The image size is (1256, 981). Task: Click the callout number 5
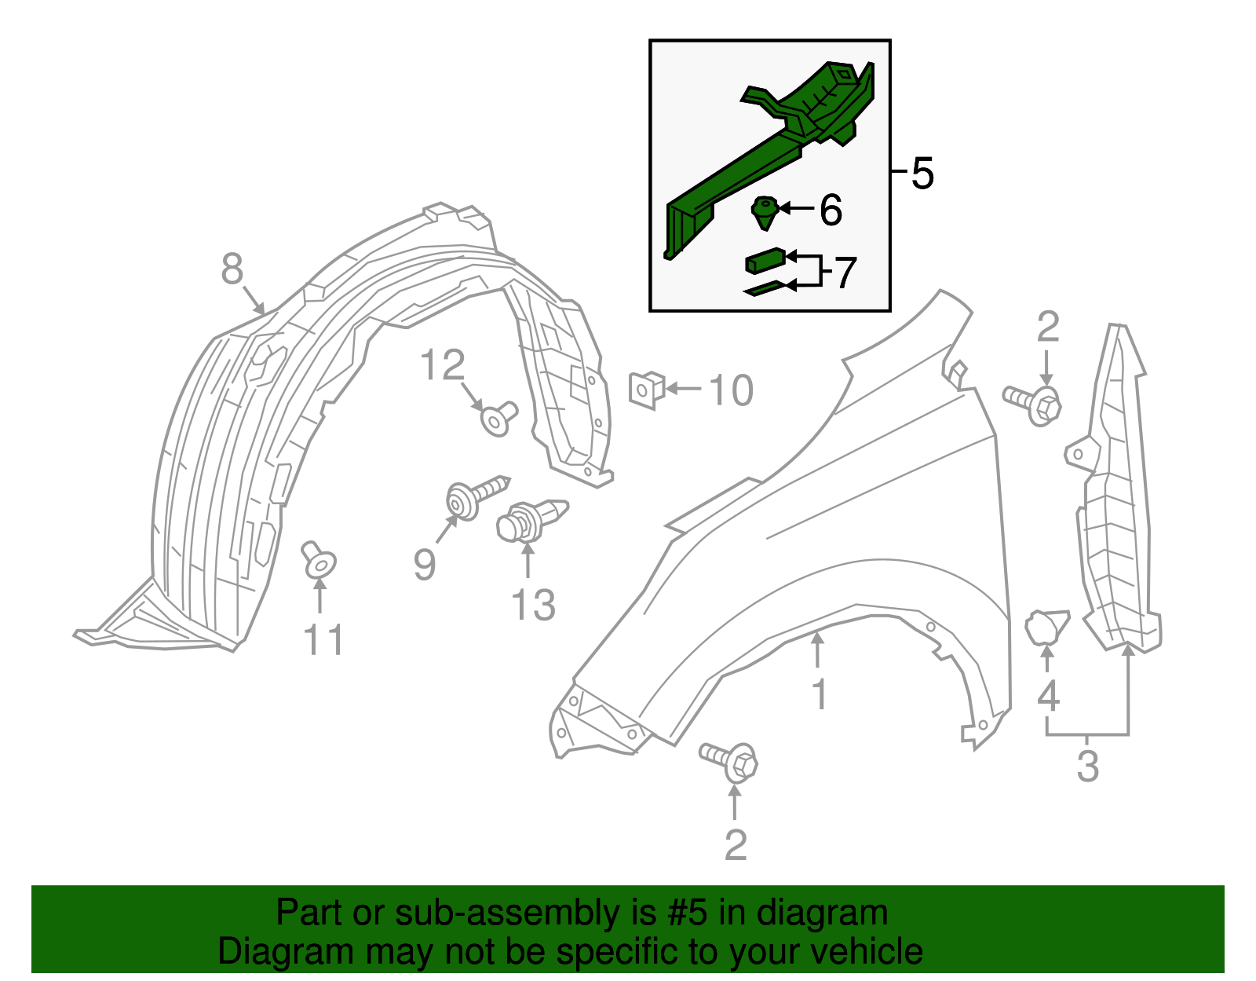coord(922,174)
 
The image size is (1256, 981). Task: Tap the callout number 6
coord(831,210)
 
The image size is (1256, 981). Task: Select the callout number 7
coord(844,273)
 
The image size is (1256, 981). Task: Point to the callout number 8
coord(232,269)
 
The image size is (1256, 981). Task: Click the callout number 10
coord(731,390)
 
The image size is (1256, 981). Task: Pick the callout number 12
coord(443,366)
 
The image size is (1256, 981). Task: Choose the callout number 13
coord(533,606)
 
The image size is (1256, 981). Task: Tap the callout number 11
coord(323,640)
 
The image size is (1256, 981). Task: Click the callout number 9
coord(425,564)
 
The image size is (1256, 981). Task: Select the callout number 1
coord(820,694)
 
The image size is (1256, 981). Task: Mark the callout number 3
coord(1087,766)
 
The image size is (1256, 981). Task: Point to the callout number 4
coord(1048,696)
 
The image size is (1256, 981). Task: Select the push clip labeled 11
coord(319,559)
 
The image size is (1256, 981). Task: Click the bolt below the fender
coord(732,761)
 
